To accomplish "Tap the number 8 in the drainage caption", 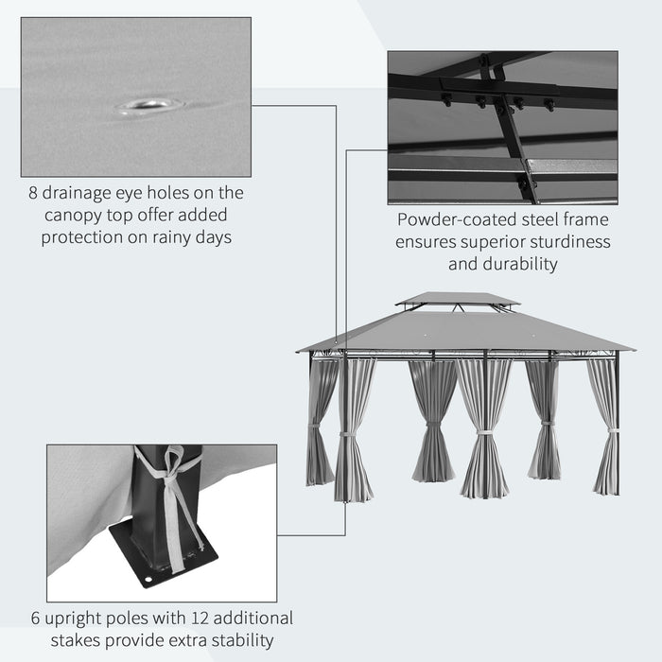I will click(x=33, y=193).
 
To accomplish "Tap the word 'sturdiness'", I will click(x=564, y=242).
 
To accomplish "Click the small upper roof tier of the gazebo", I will click(x=458, y=299).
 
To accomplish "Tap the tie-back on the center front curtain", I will click(x=484, y=433).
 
